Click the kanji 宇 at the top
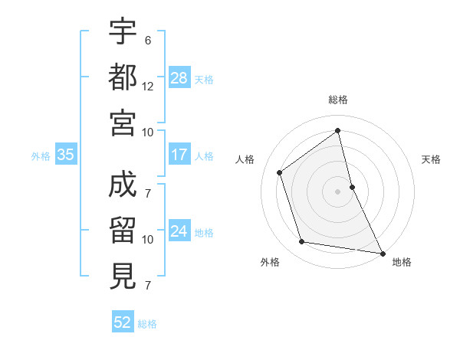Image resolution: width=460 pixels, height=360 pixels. (x=123, y=32)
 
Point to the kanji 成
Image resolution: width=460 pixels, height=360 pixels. (x=123, y=185)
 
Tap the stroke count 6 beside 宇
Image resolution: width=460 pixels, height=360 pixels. (x=148, y=41)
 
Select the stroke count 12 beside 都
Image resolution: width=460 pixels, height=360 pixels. (x=148, y=87)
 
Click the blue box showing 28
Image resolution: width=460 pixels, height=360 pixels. (x=179, y=78)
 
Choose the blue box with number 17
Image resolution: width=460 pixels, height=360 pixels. (x=179, y=155)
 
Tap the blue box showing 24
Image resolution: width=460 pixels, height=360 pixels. (x=179, y=231)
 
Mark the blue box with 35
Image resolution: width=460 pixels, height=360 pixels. (x=66, y=155)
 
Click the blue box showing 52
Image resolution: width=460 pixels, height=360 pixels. (x=123, y=322)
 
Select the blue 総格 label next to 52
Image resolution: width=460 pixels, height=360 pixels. (x=147, y=324)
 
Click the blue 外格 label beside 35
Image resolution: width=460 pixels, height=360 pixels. (x=41, y=155)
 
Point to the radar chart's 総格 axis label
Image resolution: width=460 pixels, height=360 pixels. (x=338, y=100)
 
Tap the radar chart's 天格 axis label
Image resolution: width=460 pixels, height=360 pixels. (x=431, y=159)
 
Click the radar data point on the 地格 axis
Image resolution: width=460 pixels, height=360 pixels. (x=382, y=252)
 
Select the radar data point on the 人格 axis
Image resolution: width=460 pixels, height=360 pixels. (x=280, y=172)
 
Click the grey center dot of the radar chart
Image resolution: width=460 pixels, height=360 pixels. (x=337, y=191)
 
